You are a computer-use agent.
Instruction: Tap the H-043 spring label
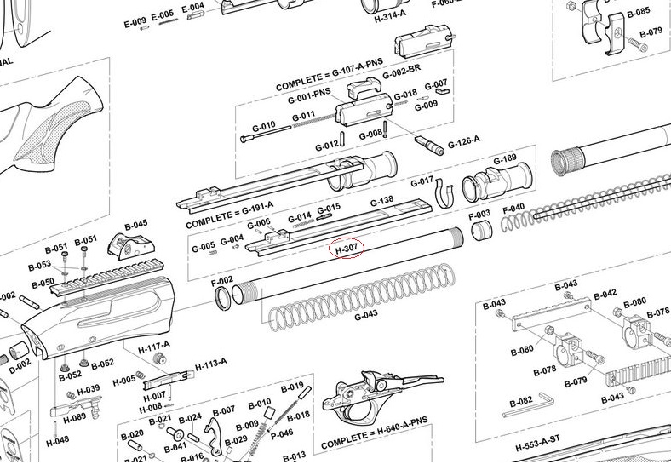pos(365,315)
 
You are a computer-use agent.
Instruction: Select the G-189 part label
pos(505,159)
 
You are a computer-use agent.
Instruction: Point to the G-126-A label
pos(464,140)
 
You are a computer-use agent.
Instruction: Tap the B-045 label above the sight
pos(136,225)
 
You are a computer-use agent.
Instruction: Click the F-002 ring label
pos(221,280)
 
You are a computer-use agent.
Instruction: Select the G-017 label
pos(422,181)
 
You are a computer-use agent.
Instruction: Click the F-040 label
pos(514,208)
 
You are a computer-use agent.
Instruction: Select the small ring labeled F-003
pos(482,231)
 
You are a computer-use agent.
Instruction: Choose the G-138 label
pos(381,201)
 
